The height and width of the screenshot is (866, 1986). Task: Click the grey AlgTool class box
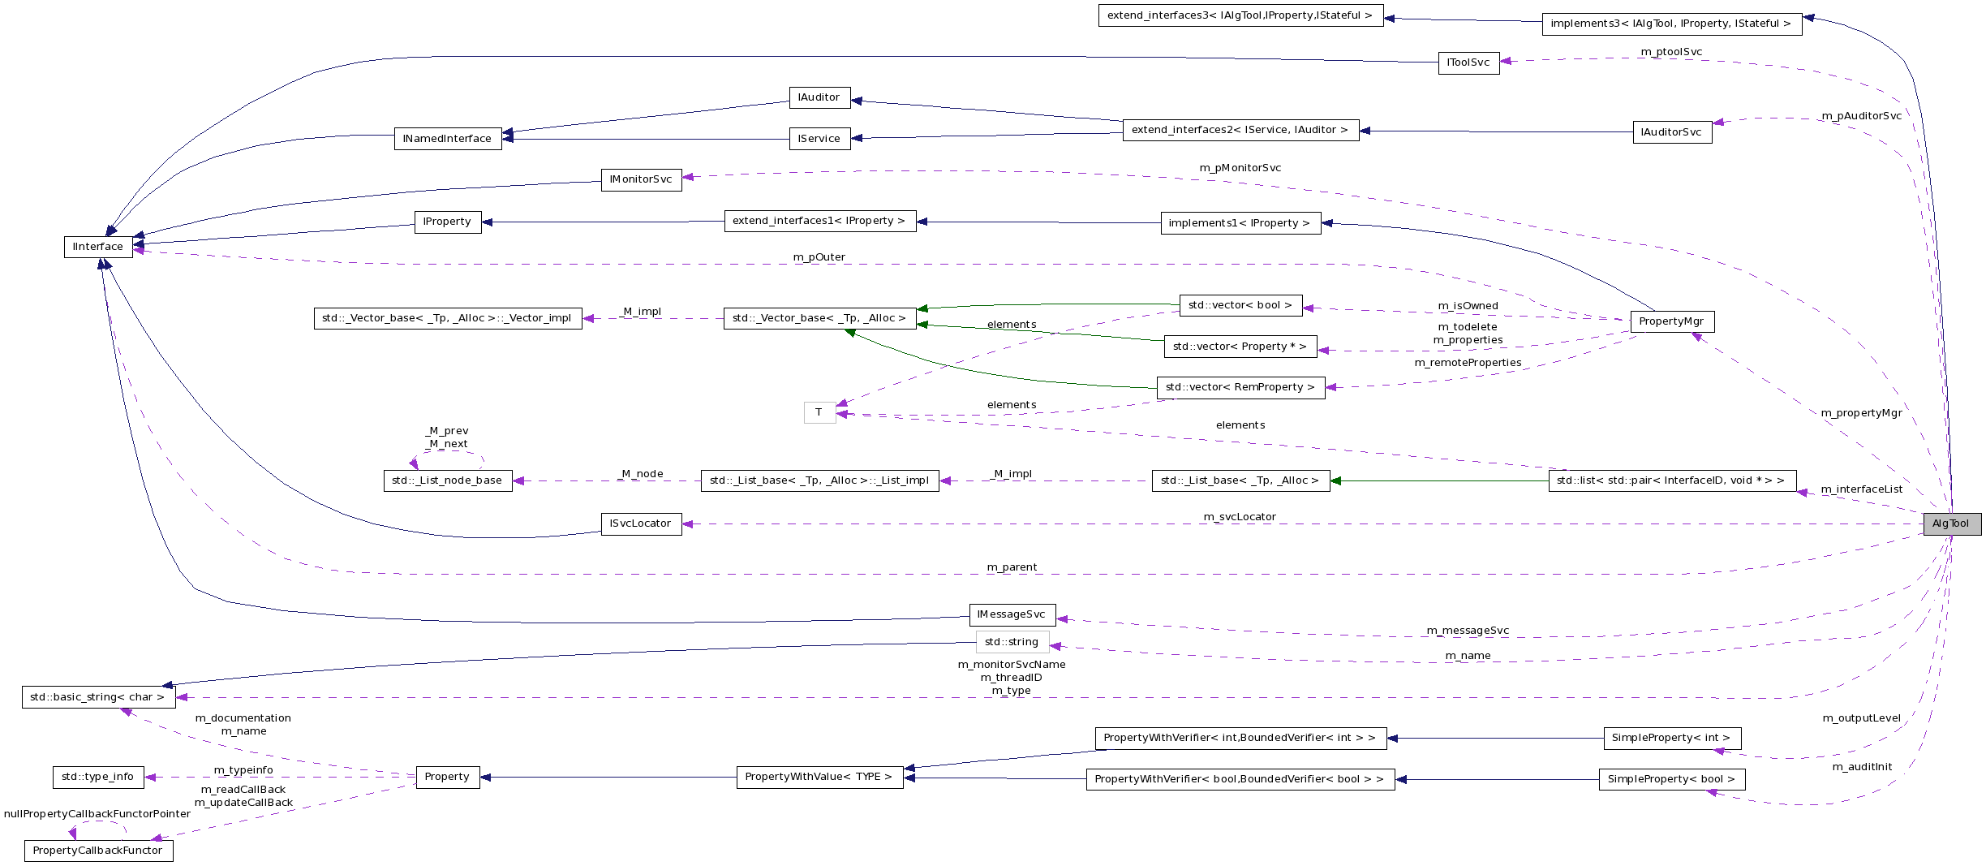[x=1951, y=524]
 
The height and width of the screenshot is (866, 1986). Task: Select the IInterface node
[x=98, y=247]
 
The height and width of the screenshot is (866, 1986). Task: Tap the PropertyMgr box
[x=1671, y=321]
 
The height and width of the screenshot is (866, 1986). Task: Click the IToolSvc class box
[x=1468, y=62]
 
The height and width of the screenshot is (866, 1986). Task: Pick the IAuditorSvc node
[x=1671, y=132]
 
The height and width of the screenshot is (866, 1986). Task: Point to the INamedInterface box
[x=447, y=139]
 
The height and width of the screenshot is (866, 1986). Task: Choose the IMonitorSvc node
[x=641, y=179]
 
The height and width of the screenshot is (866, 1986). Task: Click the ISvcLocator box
[x=641, y=523]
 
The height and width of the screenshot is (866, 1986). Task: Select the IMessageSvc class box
[x=1012, y=614]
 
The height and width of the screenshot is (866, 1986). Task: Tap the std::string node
[x=1012, y=642]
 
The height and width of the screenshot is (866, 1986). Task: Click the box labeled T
[x=819, y=412]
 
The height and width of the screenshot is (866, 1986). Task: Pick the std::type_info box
[x=98, y=777]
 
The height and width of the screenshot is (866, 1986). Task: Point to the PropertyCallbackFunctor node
[x=98, y=851]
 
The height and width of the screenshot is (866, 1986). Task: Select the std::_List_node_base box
[x=447, y=480]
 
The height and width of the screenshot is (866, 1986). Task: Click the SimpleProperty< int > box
[x=1671, y=738]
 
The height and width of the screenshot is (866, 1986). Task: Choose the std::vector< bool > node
[x=1240, y=305]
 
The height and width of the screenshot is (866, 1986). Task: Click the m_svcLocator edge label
[x=1240, y=517]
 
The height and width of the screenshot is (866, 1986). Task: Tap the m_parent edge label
[x=1012, y=567]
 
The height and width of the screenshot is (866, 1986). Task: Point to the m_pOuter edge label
[x=819, y=257]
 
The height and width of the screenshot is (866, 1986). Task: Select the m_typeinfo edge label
[x=243, y=770]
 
